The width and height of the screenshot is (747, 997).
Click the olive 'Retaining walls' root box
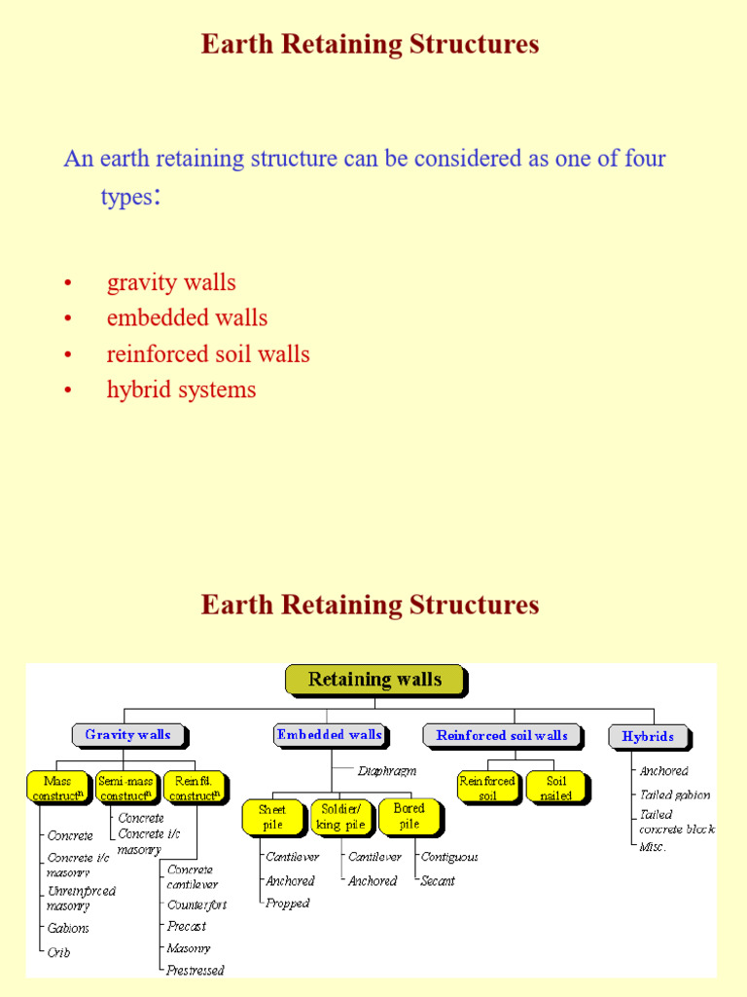pyautogui.click(x=374, y=680)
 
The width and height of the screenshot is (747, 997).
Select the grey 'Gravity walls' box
pyautogui.click(x=127, y=735)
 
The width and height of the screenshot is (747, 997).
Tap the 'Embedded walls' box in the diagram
pyautogui.click(x=330, y=735)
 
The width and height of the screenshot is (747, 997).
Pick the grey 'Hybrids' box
pyautogui.click(x=648, y=736)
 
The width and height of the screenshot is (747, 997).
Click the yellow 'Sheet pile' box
pyautogui.click(x=272, y=817)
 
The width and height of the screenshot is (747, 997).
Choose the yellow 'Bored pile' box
pyautogui.click(x=409, y=816)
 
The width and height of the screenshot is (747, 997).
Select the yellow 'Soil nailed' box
pyautogui.click(x=555, y=788)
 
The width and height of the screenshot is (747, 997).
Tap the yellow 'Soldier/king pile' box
pyautogui.click(x=340, y=817)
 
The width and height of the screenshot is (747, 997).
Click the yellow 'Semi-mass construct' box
pyautogui.click(x=126, y=788)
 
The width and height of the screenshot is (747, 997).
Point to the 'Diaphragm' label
pyautogui.click(x=386, y=770)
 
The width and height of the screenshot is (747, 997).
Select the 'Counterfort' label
pyautogui.click(x=196, y=905)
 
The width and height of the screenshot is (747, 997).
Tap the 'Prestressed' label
pyautogui.click(x=196, y=970)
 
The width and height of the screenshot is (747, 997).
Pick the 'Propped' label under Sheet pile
pyautogui.click(x=288, y=903)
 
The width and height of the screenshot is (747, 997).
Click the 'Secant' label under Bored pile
pyautogui.click(x=438, y=880)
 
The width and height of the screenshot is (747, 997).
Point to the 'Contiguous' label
pyautogui.click(x=449, y=857)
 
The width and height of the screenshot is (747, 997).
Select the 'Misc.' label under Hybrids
pyautogui.click(x=653, y=846)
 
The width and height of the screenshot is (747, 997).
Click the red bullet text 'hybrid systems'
pyautogui.click(x=181, y=389)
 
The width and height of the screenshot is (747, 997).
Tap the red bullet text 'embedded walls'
pyautogui.click(x=187, y=317)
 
